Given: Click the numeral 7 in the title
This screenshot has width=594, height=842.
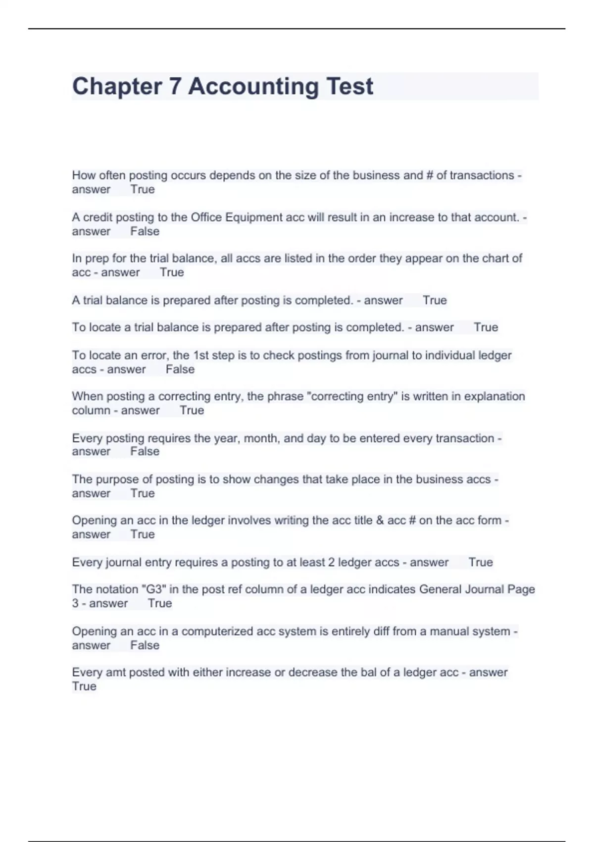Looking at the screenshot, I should click(x=175, y=86).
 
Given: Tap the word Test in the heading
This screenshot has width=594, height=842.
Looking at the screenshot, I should click(x=349, y=86).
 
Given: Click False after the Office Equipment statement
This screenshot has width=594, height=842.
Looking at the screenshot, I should click(x=145, y=231).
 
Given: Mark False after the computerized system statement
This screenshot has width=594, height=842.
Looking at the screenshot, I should click(x=145, y=645).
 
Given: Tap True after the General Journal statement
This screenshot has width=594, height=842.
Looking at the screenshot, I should click(x=159, y=603).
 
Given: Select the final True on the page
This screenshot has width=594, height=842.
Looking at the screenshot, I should click(x=84, y=686).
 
